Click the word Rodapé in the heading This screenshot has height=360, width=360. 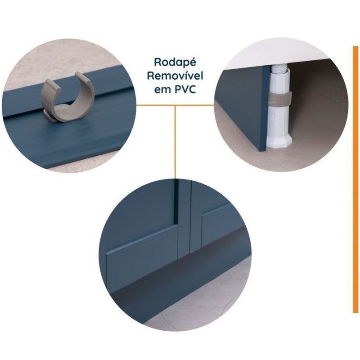tap(175, 62)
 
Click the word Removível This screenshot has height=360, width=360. tap(175, 76)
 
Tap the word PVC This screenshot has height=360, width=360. tap(185, 89)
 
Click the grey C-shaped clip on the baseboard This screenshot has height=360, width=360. tap(67, 96)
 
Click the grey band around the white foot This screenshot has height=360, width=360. tap(280, 99)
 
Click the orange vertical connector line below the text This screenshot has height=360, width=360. tap(175, 142)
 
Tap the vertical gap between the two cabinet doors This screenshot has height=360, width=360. tap(190, 216)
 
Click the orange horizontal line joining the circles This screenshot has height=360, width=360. tap(175, 105)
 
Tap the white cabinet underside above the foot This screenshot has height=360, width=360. tap(271, 54)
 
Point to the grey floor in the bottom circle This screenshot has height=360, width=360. tap(207, 306)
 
